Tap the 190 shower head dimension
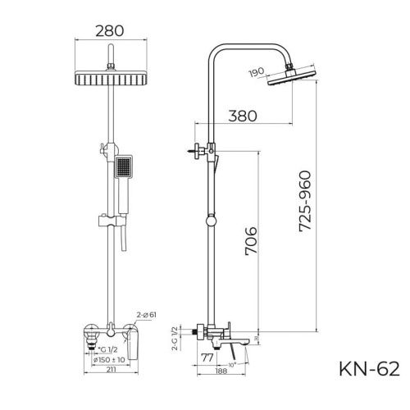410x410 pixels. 257,73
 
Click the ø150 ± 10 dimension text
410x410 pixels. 109,358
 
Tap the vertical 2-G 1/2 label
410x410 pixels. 174,338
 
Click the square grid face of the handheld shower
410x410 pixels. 122,168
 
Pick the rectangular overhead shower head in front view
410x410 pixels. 108,80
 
